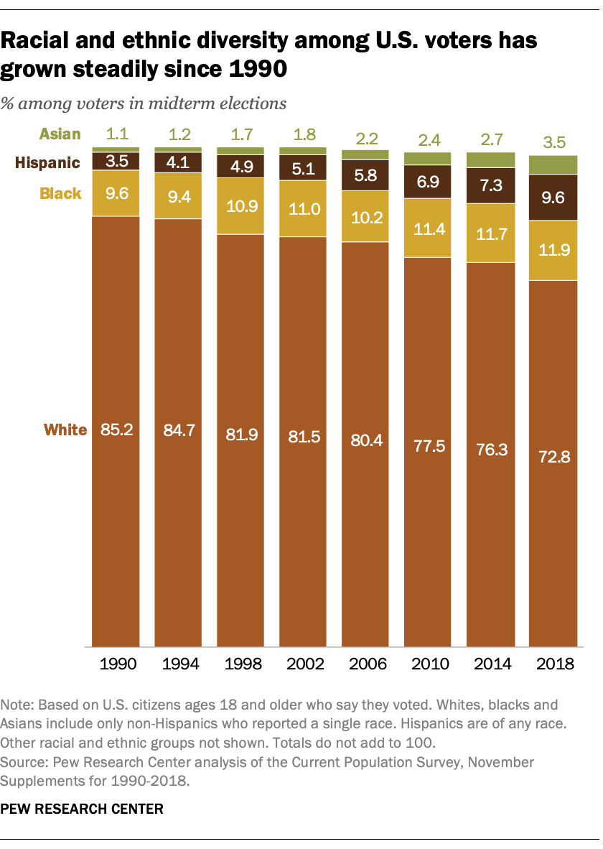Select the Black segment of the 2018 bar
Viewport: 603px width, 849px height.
[553, 250]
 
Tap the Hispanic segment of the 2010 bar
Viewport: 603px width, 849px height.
[428, 182]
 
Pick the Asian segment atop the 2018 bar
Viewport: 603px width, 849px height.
[553, 164]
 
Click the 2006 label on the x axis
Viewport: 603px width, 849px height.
[365, 664]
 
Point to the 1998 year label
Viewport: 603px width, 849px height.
[240, 664]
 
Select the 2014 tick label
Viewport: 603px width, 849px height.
[490, 664]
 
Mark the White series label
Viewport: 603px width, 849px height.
[65, 430]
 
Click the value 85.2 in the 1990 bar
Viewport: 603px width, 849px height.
[116, 430]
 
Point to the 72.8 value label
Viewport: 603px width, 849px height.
[553, 457]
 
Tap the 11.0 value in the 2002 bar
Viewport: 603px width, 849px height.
[303, 208]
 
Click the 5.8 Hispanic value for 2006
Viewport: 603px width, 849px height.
[365, 175]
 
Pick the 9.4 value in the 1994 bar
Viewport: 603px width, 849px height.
[178, 195]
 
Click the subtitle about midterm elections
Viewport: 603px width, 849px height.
[144, 103]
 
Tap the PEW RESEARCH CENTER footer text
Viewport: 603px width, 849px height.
[82, 809]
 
